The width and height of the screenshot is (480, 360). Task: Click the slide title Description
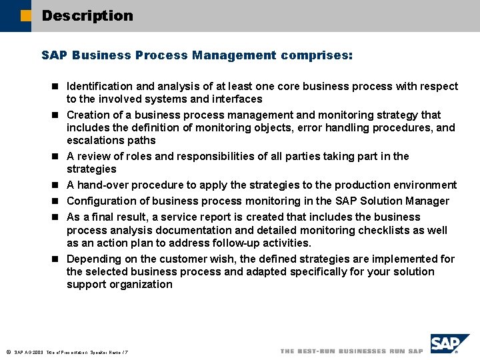[87, 15]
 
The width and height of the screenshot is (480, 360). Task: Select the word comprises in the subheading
[317, 55]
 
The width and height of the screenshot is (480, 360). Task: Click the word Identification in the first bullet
[99, 87]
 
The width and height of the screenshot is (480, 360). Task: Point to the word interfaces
[233, 99]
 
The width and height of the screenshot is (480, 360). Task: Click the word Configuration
[99, 201]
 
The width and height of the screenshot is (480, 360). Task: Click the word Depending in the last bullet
[93, 259]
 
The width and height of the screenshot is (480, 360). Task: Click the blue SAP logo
[450, 345]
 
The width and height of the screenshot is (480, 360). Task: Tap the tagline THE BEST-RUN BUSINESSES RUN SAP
[351, 351]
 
